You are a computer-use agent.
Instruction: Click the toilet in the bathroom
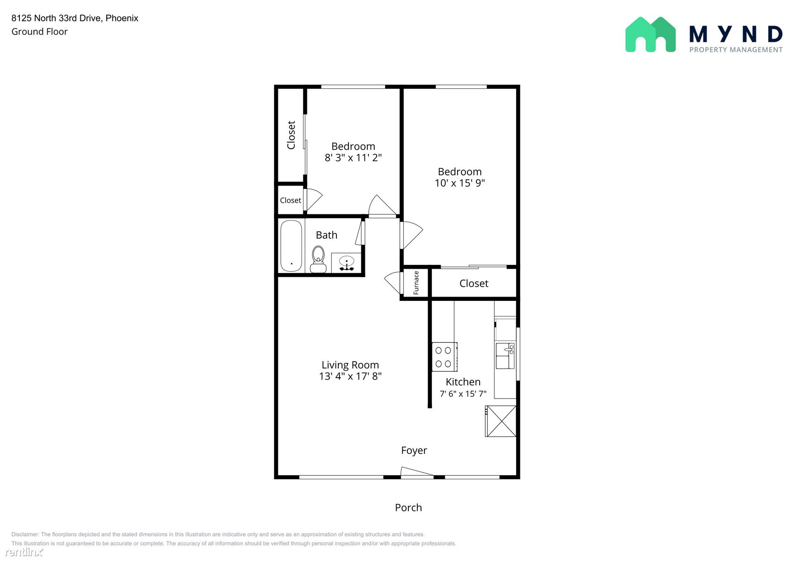[319, 259]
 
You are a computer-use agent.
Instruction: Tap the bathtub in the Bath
[291, 246]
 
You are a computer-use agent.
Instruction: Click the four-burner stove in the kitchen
[444, 357]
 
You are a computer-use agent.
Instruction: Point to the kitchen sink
[505, 356]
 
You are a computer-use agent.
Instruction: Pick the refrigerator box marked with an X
[501, 421]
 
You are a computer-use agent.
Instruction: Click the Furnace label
[416, 282]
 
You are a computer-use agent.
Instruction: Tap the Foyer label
[414, 450]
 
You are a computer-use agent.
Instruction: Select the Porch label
[408, 508]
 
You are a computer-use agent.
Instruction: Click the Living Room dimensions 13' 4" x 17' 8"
[350, 376]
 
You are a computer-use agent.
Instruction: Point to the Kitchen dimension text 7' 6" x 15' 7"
[463, 394]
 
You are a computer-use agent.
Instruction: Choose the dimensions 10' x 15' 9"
[460, 183]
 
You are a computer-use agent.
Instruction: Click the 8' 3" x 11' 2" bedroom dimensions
[353, 158]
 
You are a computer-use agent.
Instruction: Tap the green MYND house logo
[650, 35]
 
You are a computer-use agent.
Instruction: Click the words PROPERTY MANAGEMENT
[736, 50]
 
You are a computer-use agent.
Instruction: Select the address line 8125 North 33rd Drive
[57, 18]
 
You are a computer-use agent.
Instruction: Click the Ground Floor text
[39, 32]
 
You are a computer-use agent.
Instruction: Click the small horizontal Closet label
[290, 200]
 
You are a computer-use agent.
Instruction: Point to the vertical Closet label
[291, 135]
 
